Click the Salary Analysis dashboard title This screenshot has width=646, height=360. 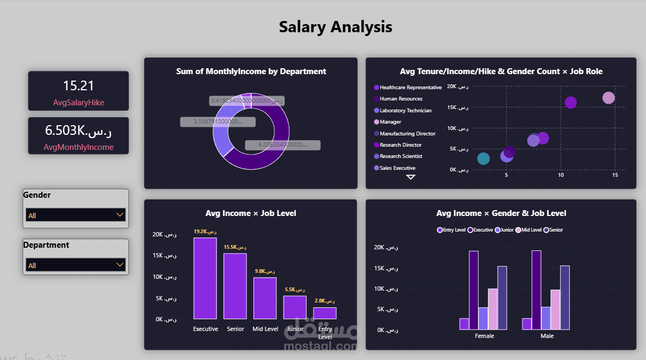click(x=336, y=26)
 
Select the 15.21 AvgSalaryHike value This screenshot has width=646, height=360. click(x=78, y=85)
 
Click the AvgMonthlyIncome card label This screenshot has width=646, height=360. click(x=78, y=147)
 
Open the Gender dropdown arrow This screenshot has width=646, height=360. click(x=120, y=215)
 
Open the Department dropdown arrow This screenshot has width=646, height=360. click(x=120, y=265)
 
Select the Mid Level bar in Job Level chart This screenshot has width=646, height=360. click(x=265, y=298)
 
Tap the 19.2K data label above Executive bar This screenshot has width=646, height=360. click(x=205, y=232)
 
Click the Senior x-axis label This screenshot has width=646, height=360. click(x=235, y=329)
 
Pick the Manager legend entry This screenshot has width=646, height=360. click(x=390, y=122)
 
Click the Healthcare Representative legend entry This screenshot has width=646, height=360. click(x=410, y=87)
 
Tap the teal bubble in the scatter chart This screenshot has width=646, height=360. click(x=483, y=159)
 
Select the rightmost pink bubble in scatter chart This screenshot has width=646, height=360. click(x=608, y=98)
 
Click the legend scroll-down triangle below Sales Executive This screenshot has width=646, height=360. click(x=411, y=177)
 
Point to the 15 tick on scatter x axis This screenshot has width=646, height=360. click(x=615, y=175)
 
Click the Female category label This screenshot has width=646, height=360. click(x=484, y=336)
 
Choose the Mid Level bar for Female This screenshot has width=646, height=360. click(x=492, y=308)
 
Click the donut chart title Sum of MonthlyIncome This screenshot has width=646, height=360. click(x=251, y=71)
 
